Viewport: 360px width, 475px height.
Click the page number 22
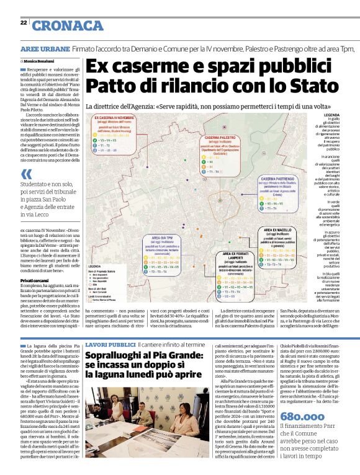tap(23, 22)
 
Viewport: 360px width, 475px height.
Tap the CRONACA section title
tap(68, 25)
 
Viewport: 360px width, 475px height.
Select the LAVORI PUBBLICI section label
tap(110, 344)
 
